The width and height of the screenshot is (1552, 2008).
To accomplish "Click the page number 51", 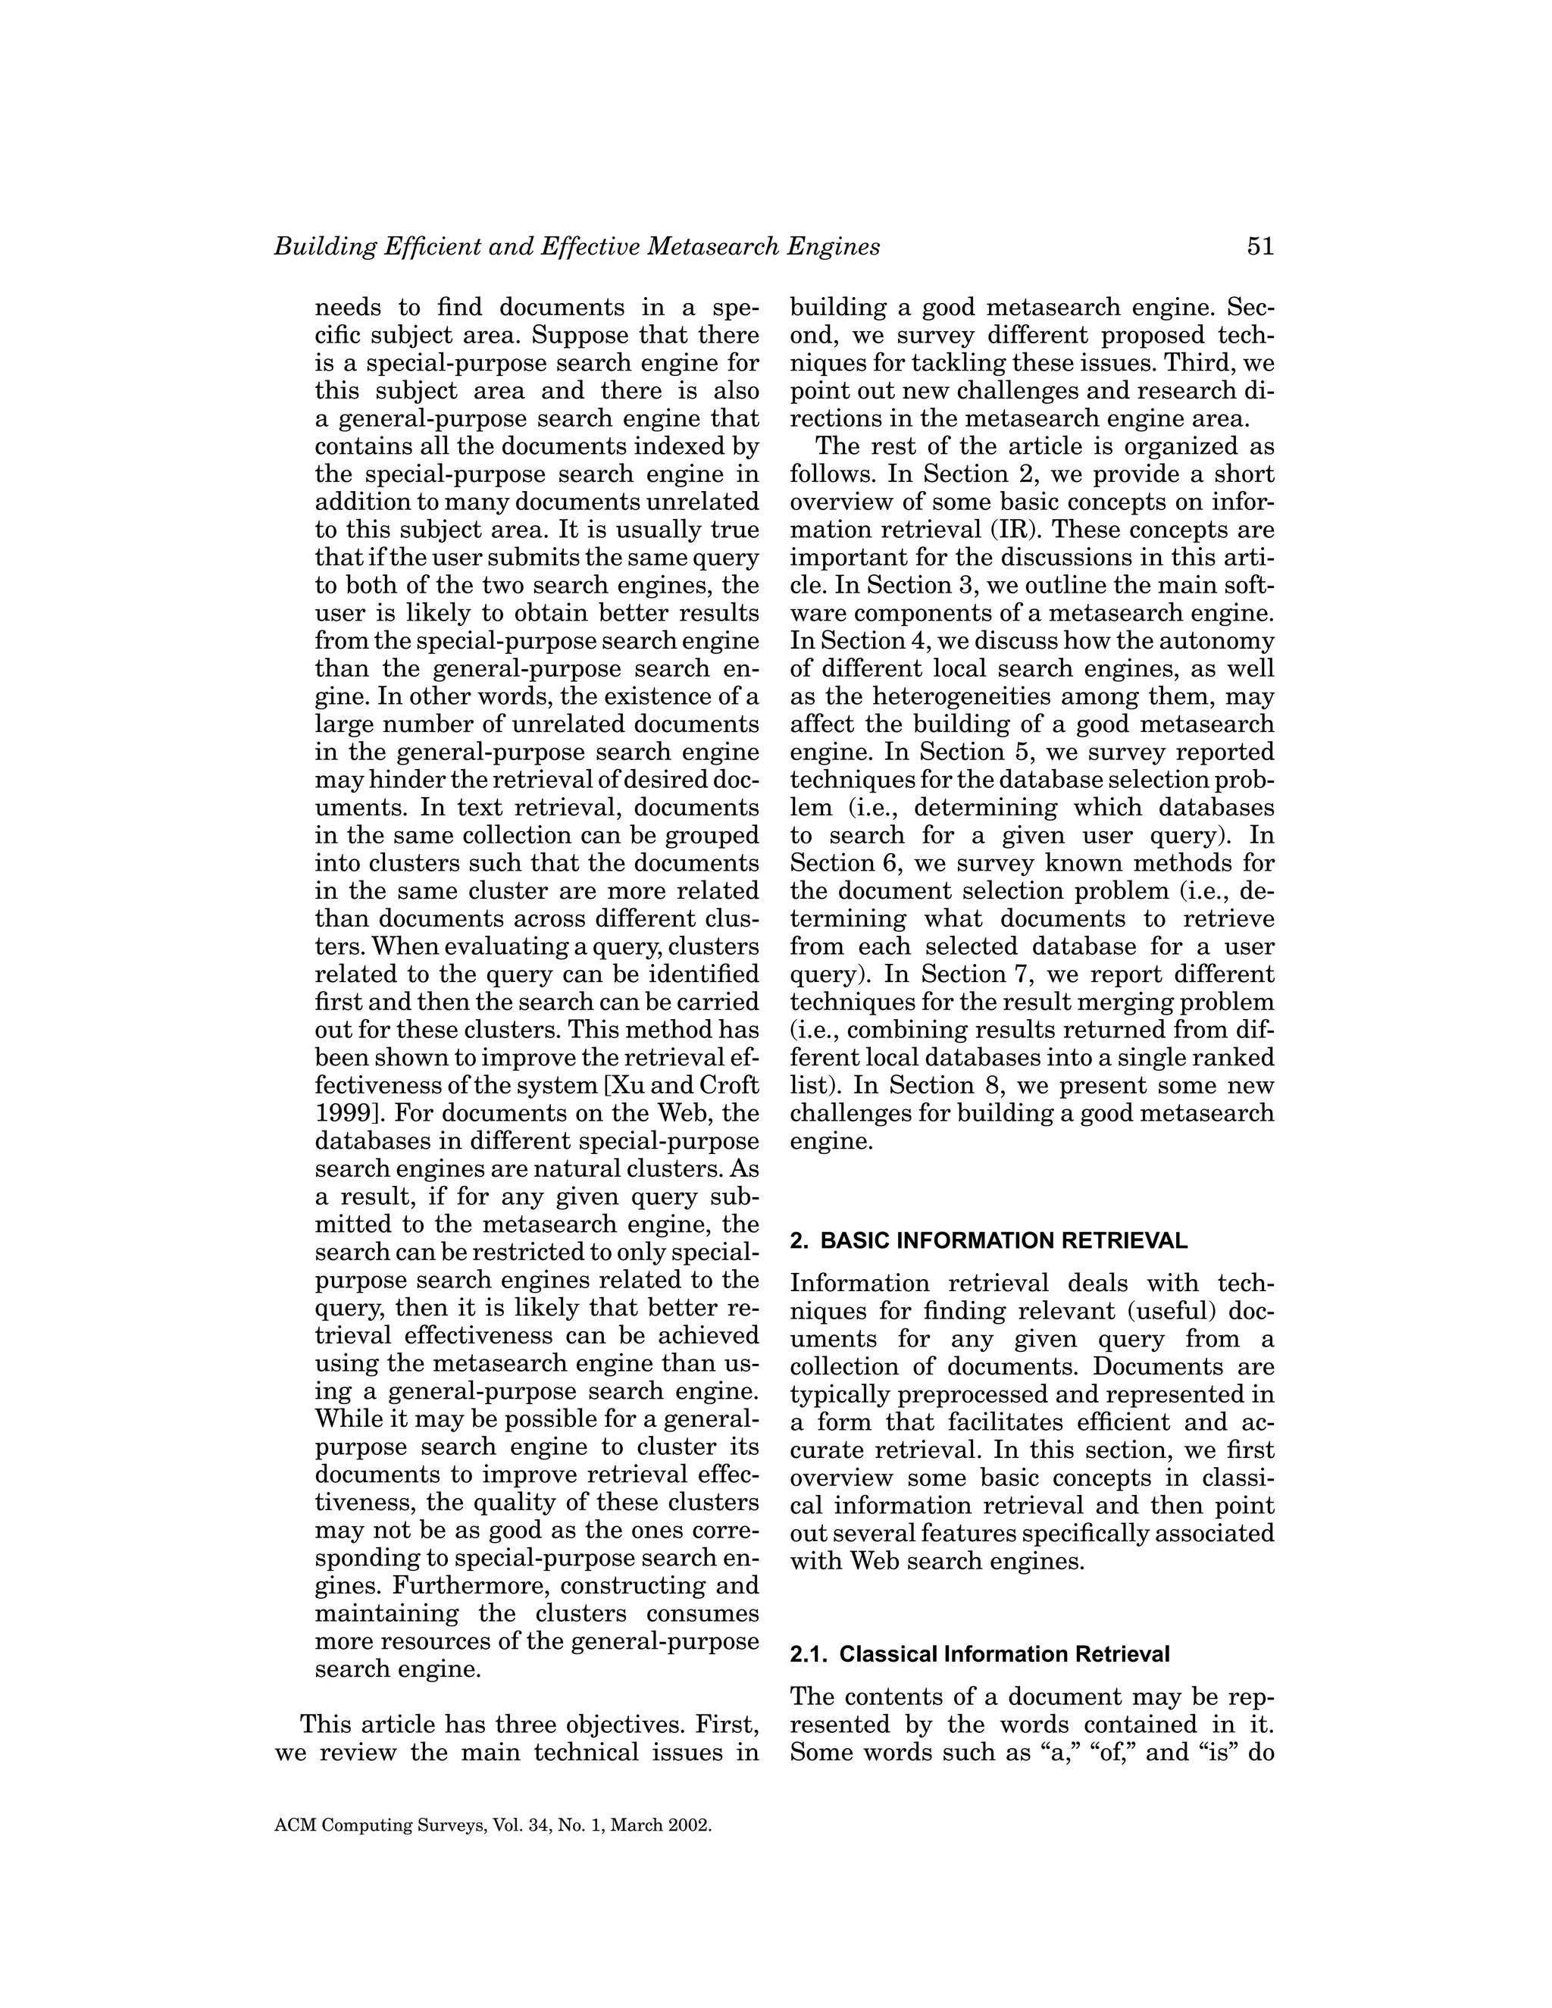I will (1259, 246).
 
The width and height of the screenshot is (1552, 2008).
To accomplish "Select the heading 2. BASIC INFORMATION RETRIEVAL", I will (988, 1240).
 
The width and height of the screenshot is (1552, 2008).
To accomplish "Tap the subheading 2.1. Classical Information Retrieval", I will (979, 1654).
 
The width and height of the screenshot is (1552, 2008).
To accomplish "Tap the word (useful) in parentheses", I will (1178, 1311).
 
